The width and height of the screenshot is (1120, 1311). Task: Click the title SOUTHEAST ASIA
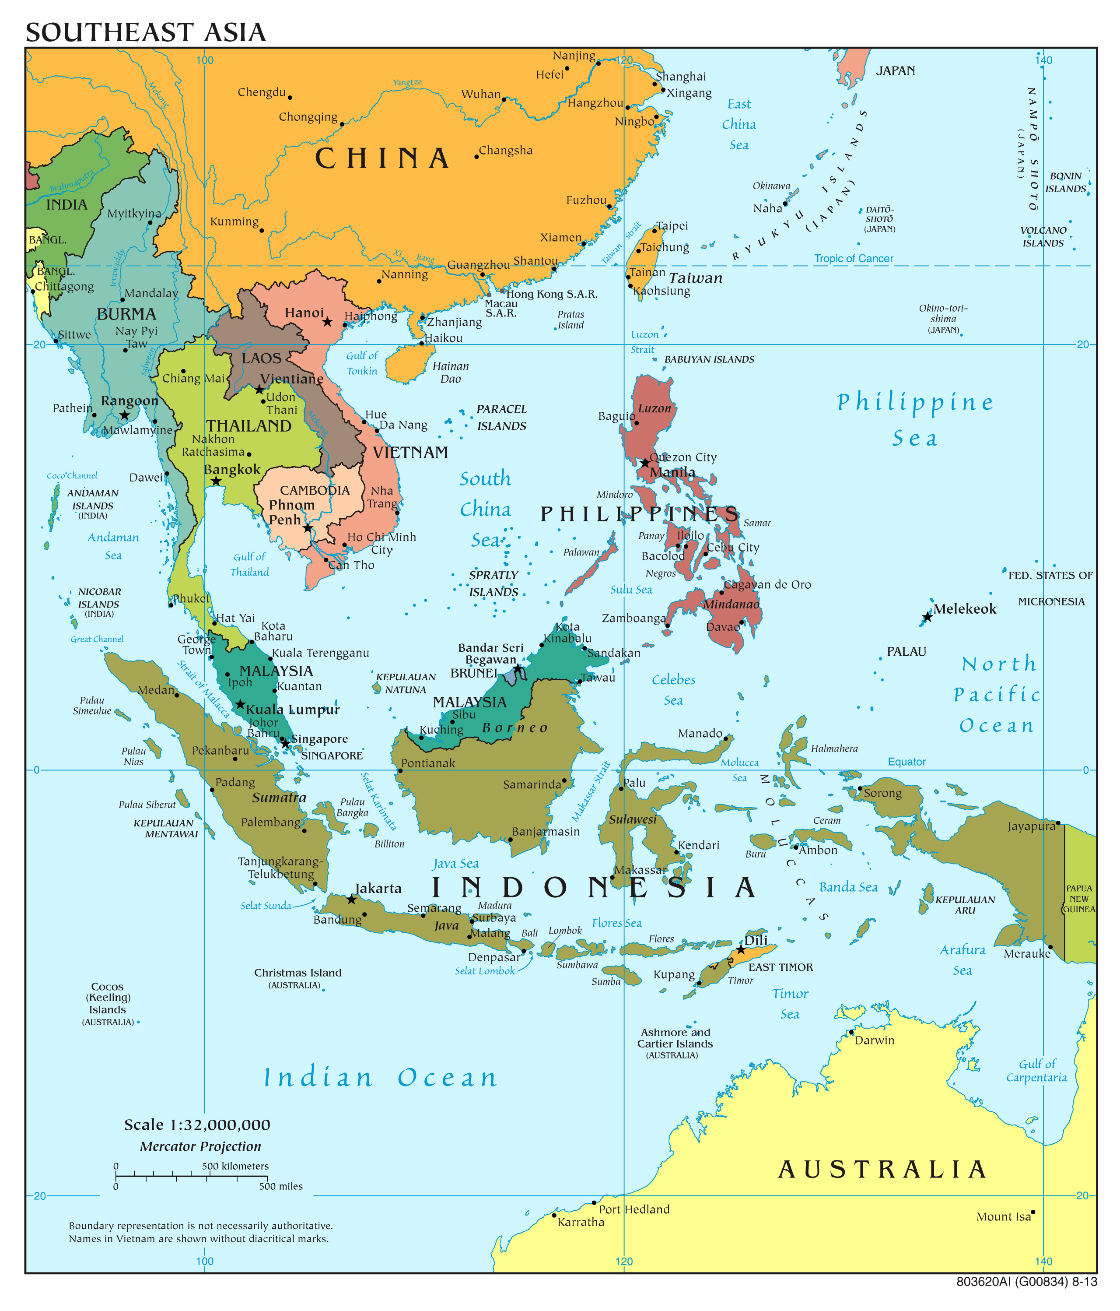[x=145, y=32]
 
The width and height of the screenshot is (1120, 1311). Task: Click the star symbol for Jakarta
[x=352, y=899]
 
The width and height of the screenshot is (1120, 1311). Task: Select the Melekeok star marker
[x=927, y=617]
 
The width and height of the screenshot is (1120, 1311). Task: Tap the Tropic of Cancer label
[x=853, y=258]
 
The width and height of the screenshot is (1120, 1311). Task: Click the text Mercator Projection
[x=200, y=1146]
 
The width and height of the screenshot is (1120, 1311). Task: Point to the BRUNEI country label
[x=474, y=673]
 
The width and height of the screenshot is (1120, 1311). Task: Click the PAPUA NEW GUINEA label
[x=1079, y=899]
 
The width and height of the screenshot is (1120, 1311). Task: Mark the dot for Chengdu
[x=290, y=98]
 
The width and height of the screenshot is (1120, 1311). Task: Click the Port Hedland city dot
[x=594, y=1202]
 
